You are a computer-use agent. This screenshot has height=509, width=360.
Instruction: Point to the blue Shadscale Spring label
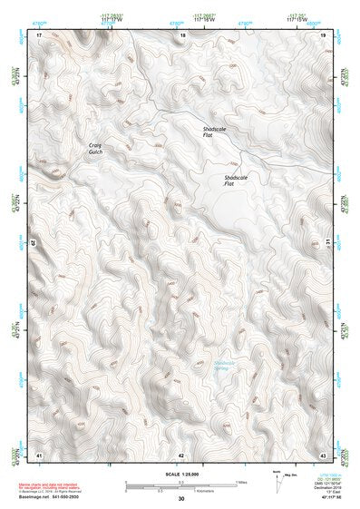tap(223, 366)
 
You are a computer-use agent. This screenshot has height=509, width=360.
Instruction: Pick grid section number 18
tap(182, 34)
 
